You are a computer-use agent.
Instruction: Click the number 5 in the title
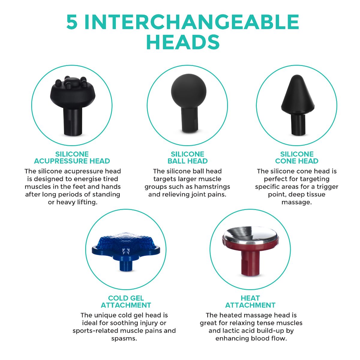point(72,22)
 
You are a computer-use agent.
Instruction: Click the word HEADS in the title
point(183,42)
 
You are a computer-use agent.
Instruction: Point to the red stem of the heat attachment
point(250,263)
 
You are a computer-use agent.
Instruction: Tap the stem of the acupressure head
point(73,122)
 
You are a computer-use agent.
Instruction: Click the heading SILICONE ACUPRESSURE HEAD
point(72,157)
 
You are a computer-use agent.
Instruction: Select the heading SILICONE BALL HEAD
point(187,157)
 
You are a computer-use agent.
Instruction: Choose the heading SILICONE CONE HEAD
point(297,157)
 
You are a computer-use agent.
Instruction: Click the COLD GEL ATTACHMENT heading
point(126,301)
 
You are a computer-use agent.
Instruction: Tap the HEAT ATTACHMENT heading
point(250,301)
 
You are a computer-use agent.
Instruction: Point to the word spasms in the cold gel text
point(124,338)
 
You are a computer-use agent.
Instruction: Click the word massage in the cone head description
point(296,202)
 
